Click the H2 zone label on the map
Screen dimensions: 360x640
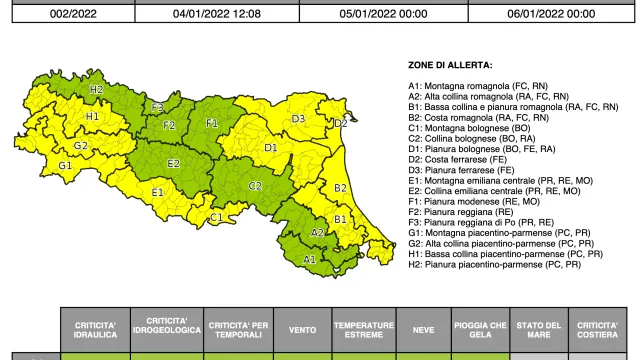coord(97,89)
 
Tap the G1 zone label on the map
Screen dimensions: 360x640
coord(65,166)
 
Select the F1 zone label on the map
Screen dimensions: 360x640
coord(212,123)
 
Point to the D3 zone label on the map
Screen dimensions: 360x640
coord(298,119)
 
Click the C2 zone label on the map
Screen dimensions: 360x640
coord(255,185)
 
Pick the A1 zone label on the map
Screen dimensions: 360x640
coord(310,259)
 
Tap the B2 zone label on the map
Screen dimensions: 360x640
coord(340,188)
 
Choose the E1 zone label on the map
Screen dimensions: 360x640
coord(157,192)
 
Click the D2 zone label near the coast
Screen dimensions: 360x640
coord(340,123)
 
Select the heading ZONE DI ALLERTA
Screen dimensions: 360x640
coord(450,65)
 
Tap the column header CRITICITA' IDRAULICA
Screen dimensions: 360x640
coord(96,331)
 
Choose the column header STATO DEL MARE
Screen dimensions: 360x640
coord(539,331)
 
